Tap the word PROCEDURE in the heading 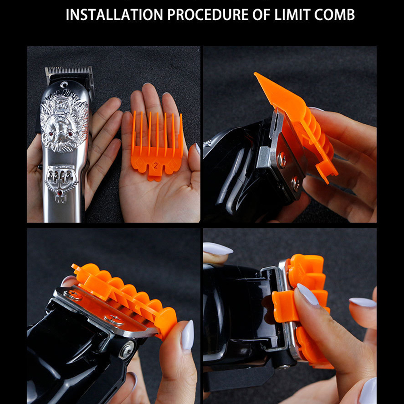coord(208,15)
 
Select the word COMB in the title coord(334,15)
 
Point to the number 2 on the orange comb coord(155,165)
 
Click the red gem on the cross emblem coord(60,192)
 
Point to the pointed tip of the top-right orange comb coord(255,74)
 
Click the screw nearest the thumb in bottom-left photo coord(114,319)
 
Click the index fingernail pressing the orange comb coord(308,294)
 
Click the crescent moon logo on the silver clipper coord(64,84)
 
